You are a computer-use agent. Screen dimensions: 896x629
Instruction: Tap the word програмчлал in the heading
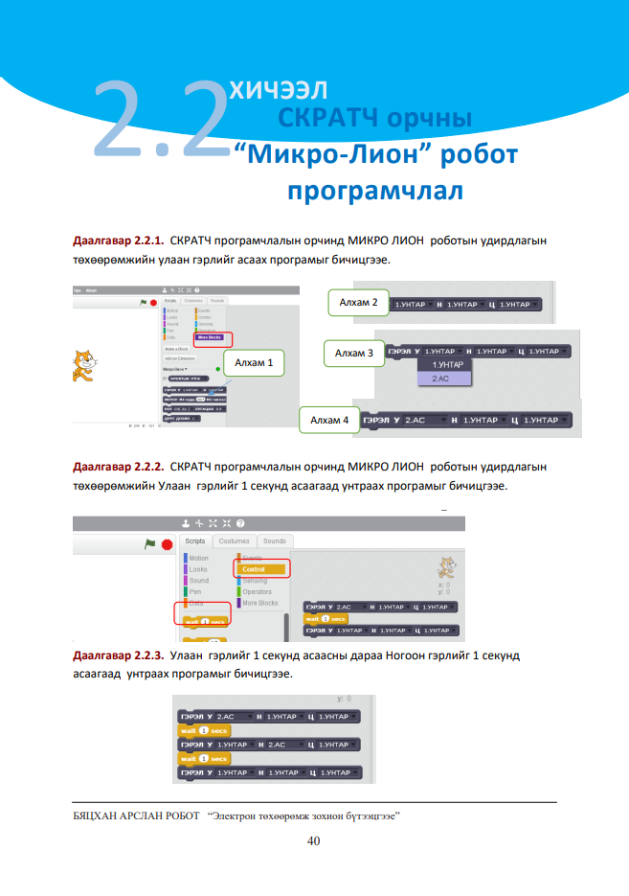click(x=375, y=190)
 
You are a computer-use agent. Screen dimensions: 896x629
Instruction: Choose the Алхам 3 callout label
click(x=354, y=354)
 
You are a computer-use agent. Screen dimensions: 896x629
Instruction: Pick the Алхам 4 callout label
click(x=329, y=420)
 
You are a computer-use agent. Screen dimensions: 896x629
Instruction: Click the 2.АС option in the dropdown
click(x=441, y=379)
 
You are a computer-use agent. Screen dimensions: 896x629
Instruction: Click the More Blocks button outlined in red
click(x=213, y=337)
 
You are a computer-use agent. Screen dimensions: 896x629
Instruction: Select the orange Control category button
click(x=260, y=569)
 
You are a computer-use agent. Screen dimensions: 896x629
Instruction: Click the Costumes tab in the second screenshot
click(x=234, y=541)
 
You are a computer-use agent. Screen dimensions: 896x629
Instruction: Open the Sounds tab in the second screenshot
click(x=274, y=541)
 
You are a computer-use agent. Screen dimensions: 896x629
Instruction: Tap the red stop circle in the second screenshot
click(x=167, y=544)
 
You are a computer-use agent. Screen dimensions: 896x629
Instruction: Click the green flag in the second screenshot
click(x=149, y=543)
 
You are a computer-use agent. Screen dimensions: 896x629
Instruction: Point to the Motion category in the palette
click(x=198, y=558)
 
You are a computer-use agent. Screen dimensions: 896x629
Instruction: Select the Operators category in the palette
click(x=257, y=592)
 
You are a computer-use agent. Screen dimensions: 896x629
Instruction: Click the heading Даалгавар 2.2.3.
click(x=119, y=658)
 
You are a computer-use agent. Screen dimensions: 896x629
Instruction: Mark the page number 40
click(x=313, y=841)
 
